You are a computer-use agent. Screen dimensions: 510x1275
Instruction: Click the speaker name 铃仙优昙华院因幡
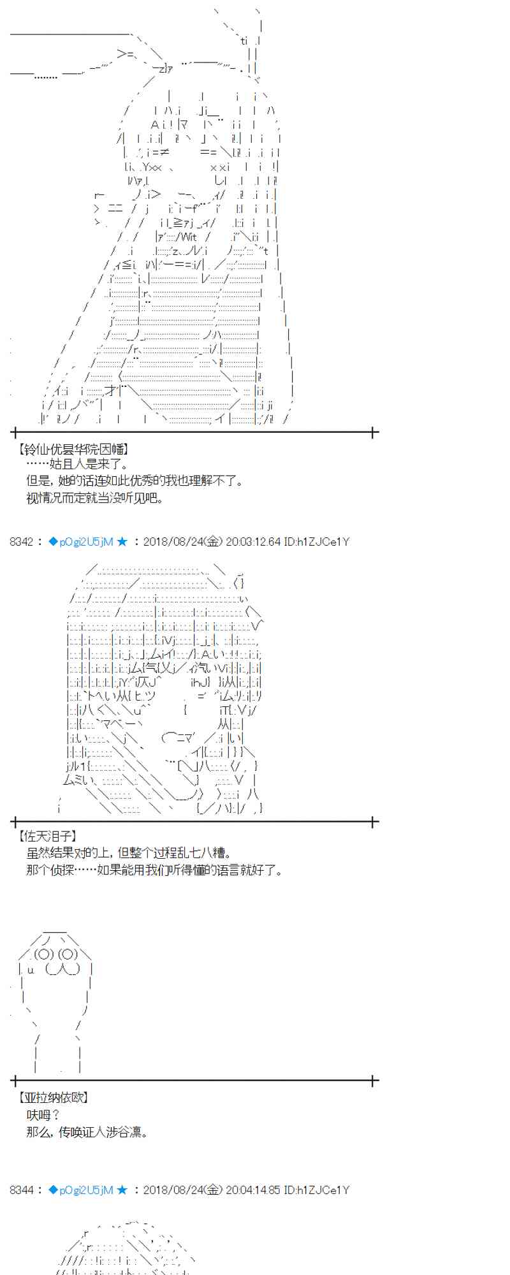tap(75, 449)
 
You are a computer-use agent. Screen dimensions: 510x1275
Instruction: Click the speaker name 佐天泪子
tap(48, 836)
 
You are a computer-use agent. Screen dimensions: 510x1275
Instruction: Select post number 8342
tap(22, 542)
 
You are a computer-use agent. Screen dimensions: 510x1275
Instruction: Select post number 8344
tap(22, 1190)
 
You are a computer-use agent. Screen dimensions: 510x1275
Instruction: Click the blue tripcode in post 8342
tap(81, 542)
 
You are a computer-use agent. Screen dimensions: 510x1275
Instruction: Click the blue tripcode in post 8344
tap(81, 1190)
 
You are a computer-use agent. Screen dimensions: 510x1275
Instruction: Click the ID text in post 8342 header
tap(317, 542)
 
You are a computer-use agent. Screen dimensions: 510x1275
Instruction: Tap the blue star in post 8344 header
tap(122, 1190)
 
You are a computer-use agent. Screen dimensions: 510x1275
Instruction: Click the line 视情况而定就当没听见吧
tap(95, 498)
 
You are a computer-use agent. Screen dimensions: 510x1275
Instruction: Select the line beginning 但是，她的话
tap(135, 481)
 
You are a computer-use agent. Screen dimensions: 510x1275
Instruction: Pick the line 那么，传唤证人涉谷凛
tap(87, 1132)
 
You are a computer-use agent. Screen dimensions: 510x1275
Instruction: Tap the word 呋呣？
tap(43, 1115)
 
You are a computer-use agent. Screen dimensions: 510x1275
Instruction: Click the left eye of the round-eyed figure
tap(44, 954)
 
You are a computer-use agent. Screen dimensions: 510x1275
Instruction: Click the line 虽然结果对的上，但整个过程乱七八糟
tap(129, 853)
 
